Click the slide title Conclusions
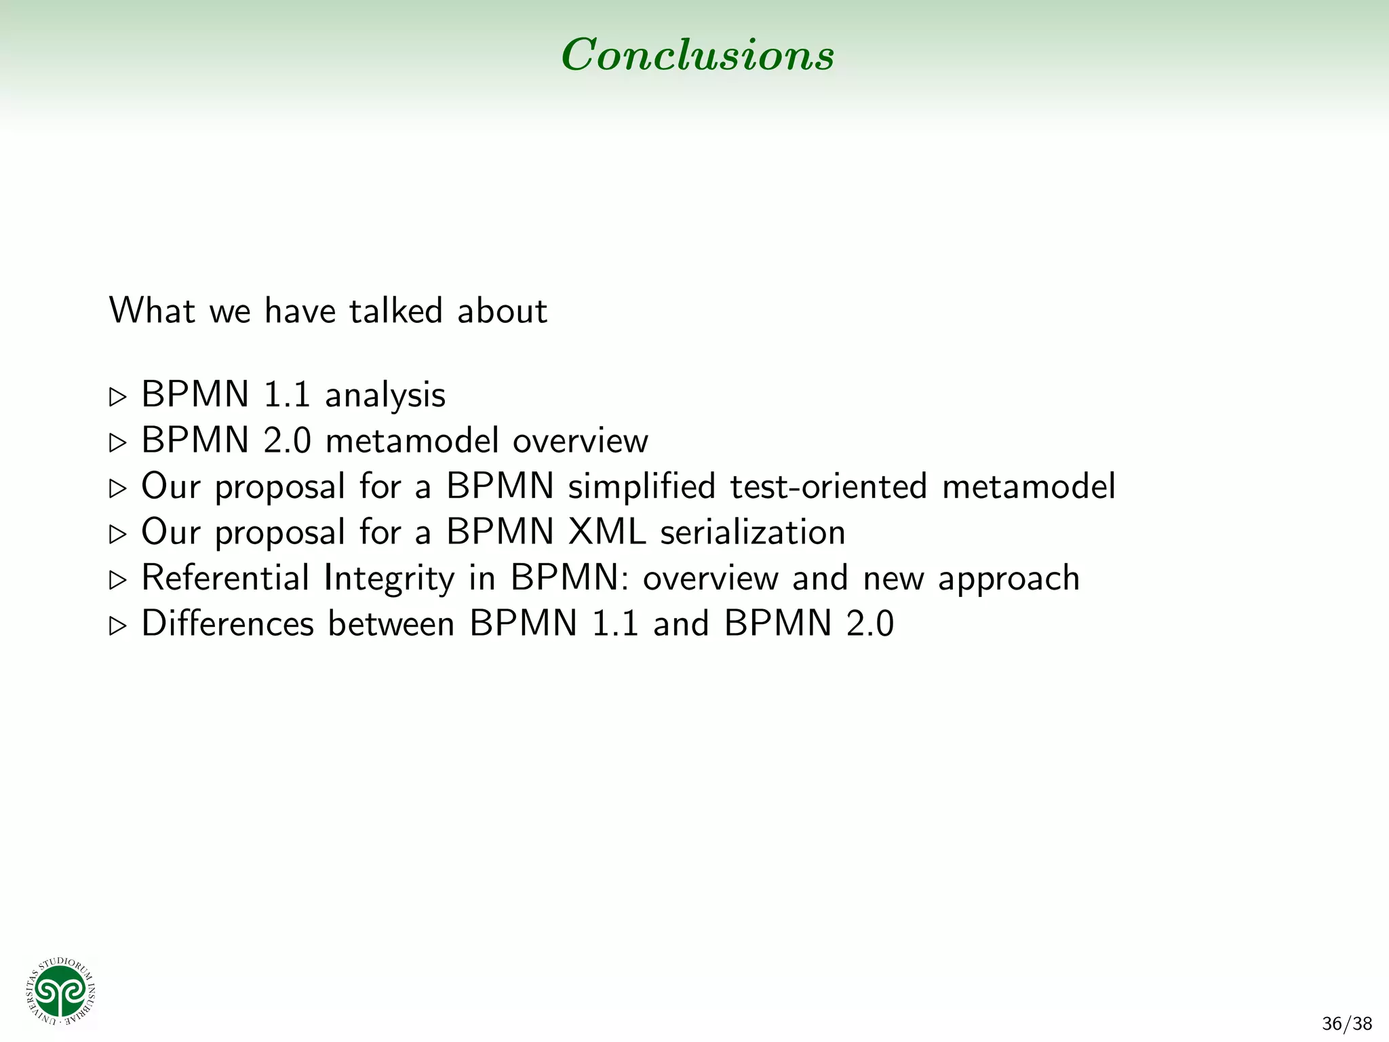pos(697,54)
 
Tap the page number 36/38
pos(1346,1024)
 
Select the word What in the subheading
pos(152,311)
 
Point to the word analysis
pos(385,395)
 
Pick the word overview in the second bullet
pos(581,441)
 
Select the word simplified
pos(642,486)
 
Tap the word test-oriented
pos(828,486)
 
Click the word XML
pos(607,532)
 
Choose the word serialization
pos(753,532)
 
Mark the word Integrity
pos(389,579)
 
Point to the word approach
pos(1009,579)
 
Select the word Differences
pos(228,623)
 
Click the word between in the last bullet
pos(391,623)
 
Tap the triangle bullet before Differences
pos(118,625)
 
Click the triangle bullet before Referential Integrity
pos(118,580)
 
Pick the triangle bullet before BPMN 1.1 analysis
pos(118,397)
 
